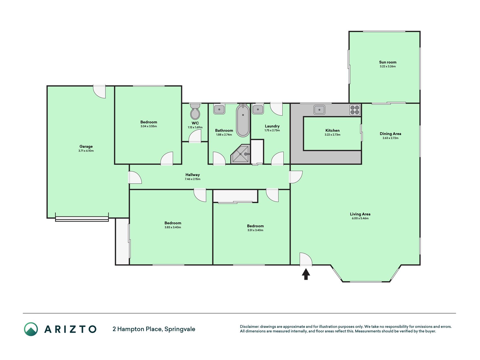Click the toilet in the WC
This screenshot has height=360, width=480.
[195, 111]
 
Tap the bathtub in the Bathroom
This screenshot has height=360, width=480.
[243, 120]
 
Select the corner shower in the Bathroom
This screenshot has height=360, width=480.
[240, 154]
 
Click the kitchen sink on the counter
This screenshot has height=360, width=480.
[319, 110]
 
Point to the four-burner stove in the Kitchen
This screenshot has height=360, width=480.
[355, 110]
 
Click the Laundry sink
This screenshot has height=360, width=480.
[258, 109]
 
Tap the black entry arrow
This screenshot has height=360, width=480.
[306, 274]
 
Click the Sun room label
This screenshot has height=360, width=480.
[387, 62]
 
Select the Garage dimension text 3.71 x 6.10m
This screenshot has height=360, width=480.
[86, 151]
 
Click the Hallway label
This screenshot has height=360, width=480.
[192, 175]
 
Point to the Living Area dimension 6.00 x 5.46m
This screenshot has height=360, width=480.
[360, 218]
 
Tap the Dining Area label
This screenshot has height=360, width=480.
[390, 134]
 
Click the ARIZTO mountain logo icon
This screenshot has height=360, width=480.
[31, 329]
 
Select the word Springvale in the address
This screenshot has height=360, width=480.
[180, 329]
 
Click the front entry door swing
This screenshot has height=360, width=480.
[306, 259]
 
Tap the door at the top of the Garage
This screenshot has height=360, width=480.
[100, 91]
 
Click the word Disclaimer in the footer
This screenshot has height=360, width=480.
[249, 327]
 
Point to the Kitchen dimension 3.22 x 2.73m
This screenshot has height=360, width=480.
[332, 135]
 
